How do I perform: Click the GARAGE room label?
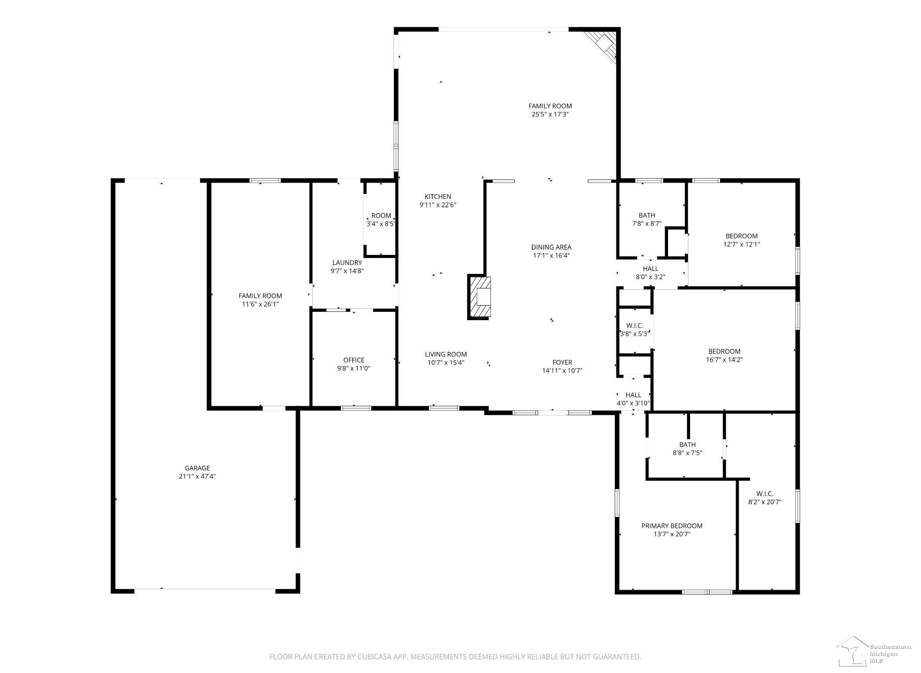[197, 468]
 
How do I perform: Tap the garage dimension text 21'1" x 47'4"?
[197, 476]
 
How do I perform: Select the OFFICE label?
[354, 360]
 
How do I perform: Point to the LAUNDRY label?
[347, 263]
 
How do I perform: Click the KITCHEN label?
[438, 197]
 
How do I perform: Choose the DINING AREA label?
[551, 247]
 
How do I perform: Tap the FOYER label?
[562, 363]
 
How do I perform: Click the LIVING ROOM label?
[446, 354]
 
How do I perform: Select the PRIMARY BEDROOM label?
[672, 526]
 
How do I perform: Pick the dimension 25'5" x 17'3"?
[550, 114]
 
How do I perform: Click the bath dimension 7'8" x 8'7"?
[647, 224]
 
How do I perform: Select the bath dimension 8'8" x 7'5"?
[687, 452]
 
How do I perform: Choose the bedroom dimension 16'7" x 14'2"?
[724, 359]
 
